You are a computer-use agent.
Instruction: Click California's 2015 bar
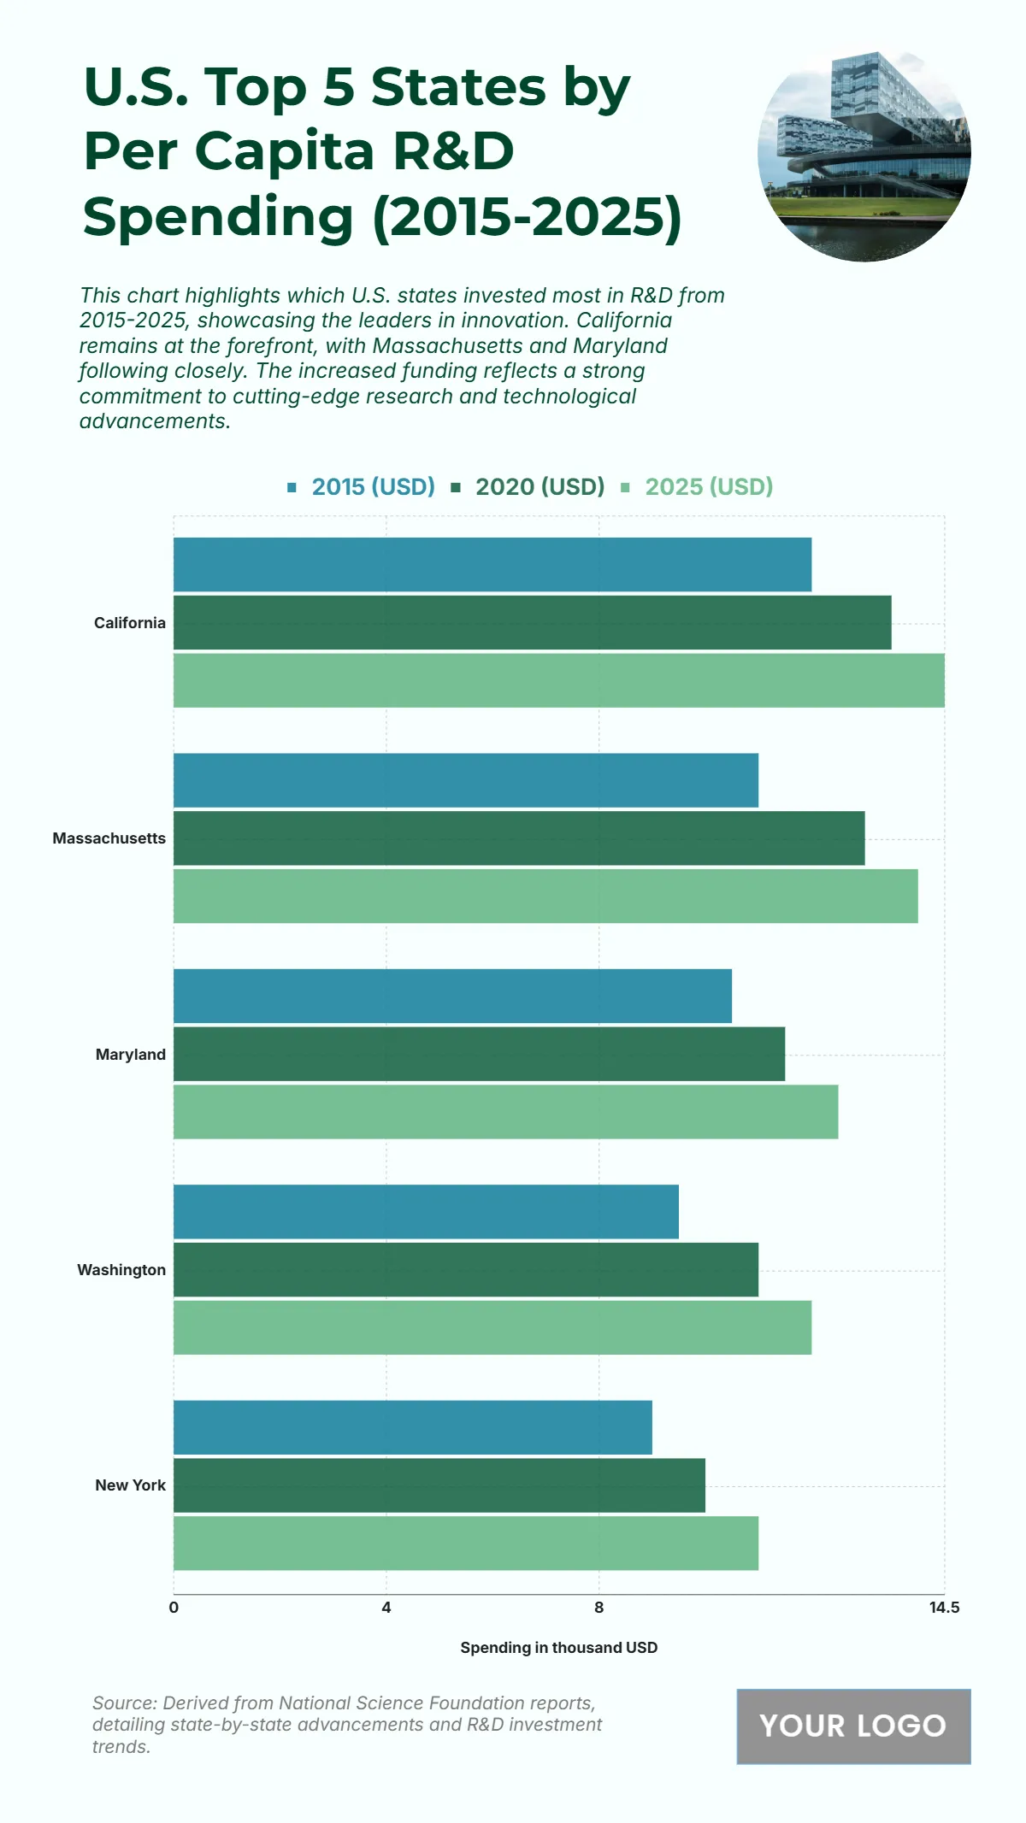[492, 564]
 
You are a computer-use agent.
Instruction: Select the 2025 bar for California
[559, 680]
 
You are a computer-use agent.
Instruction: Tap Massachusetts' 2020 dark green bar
[519, 838]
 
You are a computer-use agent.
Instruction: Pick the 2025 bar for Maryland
[505, 1112]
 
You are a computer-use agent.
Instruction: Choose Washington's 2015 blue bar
[426, 1211]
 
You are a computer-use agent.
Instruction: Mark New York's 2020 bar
[439, 1485]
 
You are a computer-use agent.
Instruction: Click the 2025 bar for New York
[466, 1544]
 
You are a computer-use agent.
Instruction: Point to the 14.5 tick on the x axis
[944, 1608]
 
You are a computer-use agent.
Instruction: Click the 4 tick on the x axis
[386, 1608]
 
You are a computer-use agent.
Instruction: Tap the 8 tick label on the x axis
[598, 1608]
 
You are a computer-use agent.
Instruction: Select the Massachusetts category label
[109, 838]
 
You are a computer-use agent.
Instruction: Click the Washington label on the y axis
[121, 1270]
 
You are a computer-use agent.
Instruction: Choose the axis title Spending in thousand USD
[559, 1648]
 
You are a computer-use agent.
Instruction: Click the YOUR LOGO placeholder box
[853, 1726]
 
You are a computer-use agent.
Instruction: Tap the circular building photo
[864, 155]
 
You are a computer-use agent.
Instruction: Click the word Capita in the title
[285, 151]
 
